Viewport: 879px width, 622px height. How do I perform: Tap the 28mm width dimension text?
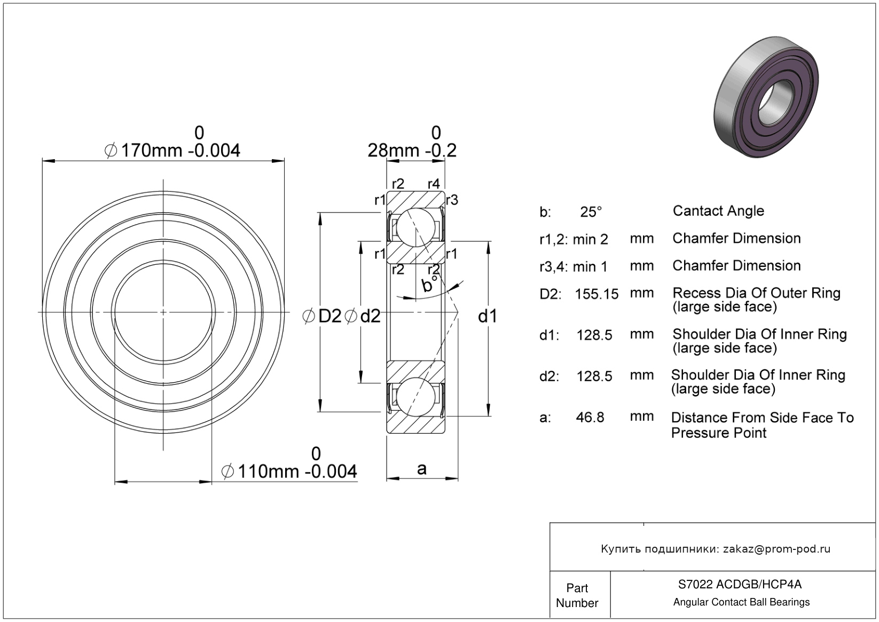[x=412, y=151]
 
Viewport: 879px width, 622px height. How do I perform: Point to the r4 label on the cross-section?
[x=434, y=184]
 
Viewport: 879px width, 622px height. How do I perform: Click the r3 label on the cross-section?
[x=452, y=200]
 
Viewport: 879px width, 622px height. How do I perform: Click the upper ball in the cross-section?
[x=415, y=227]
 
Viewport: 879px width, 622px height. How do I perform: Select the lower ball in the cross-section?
[x=415, y=397]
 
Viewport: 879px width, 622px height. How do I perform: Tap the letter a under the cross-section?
[x=422, y=469]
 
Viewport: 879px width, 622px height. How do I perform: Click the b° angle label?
[x=429, y=284]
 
